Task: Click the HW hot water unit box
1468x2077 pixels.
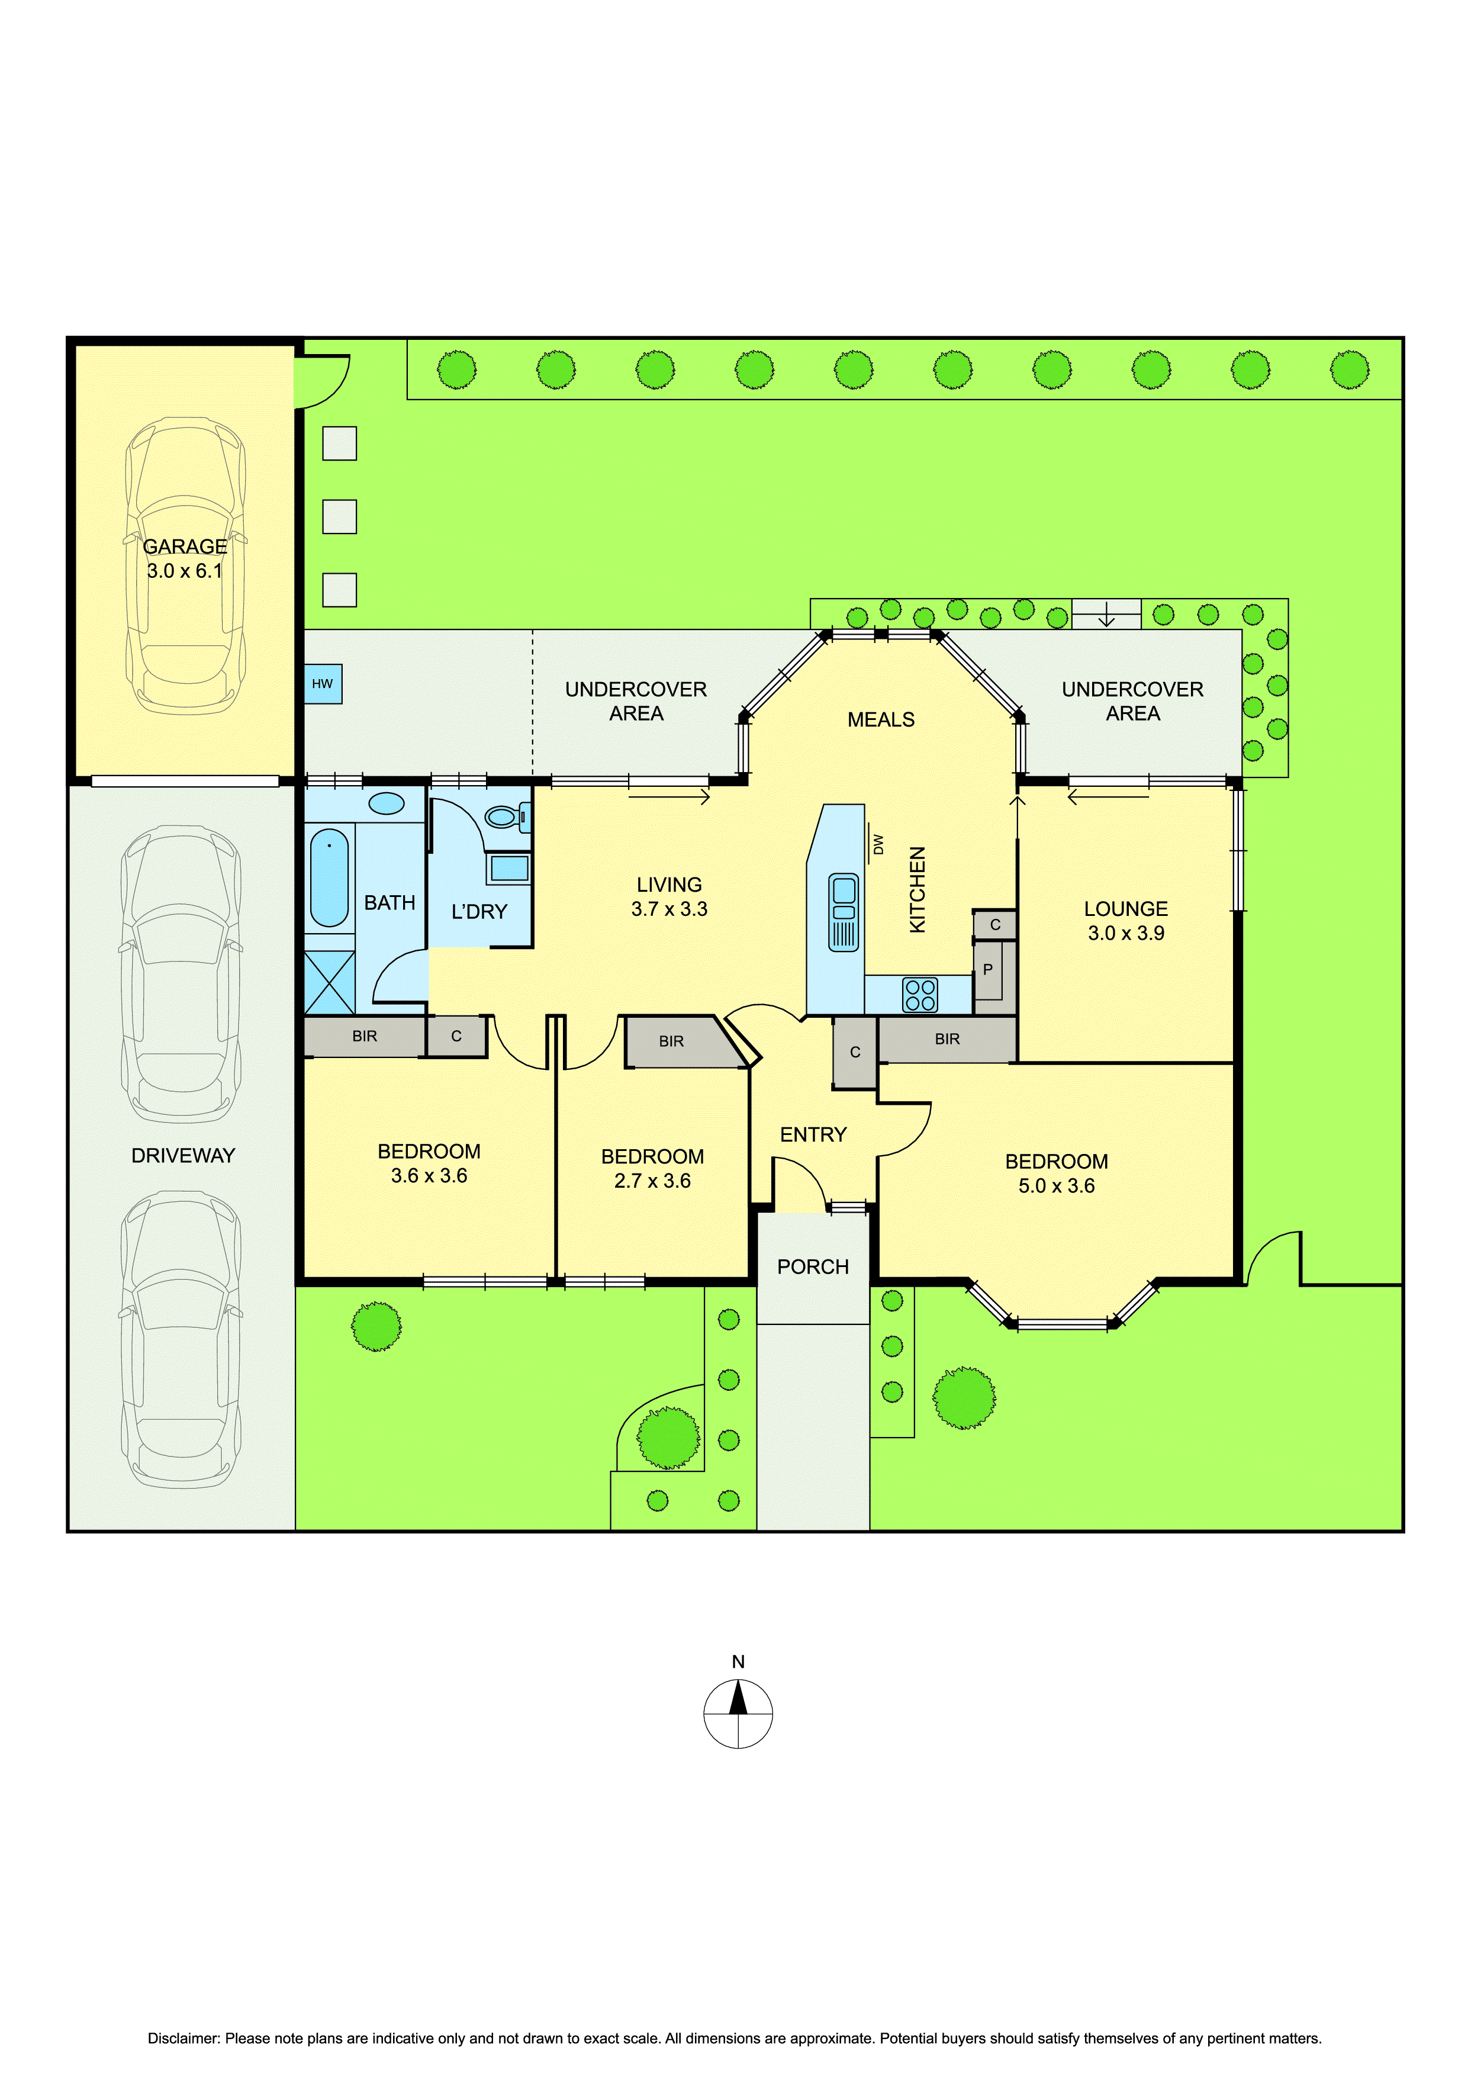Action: (323, 684)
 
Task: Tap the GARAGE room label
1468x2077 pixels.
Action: (185, 546)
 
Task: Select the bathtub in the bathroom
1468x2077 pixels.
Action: (329, 877)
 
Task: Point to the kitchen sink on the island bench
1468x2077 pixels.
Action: (844, 912)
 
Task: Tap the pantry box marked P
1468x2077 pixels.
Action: (988, 970)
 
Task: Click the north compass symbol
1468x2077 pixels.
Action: (738, 1713)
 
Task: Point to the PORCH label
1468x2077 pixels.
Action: (813, 1266)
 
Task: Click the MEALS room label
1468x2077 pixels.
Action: (881, 719)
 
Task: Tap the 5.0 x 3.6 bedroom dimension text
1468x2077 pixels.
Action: (1057, 1186)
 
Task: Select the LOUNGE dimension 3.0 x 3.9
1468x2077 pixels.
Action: (1126, 933)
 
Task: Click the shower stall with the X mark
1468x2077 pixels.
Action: (329, 982)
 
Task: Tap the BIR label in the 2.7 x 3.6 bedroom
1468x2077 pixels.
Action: (671, 1041)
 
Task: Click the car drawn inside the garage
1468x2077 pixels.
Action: (185, 566)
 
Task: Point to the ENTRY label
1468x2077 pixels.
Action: (813, 1134)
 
